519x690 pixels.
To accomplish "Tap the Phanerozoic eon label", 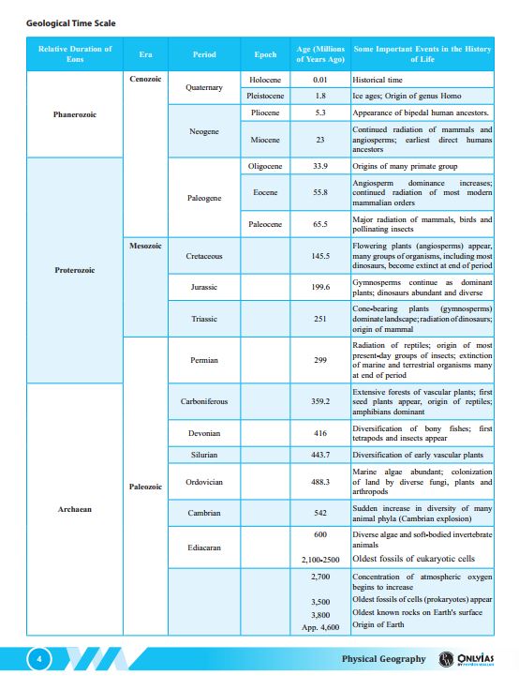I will point(75,114).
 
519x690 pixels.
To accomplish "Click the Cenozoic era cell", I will point(144,80).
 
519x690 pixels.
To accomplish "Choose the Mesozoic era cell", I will point(144,246).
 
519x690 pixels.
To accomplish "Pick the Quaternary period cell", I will point(204,87).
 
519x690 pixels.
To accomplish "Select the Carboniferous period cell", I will point(204,401).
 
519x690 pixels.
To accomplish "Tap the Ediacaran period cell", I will point(204,547).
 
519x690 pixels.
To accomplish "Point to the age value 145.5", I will point(320,255).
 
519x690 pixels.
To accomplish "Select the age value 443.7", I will point(320,455).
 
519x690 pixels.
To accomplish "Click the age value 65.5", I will point(320,224).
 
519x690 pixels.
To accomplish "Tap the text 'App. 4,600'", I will point(320,627).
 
